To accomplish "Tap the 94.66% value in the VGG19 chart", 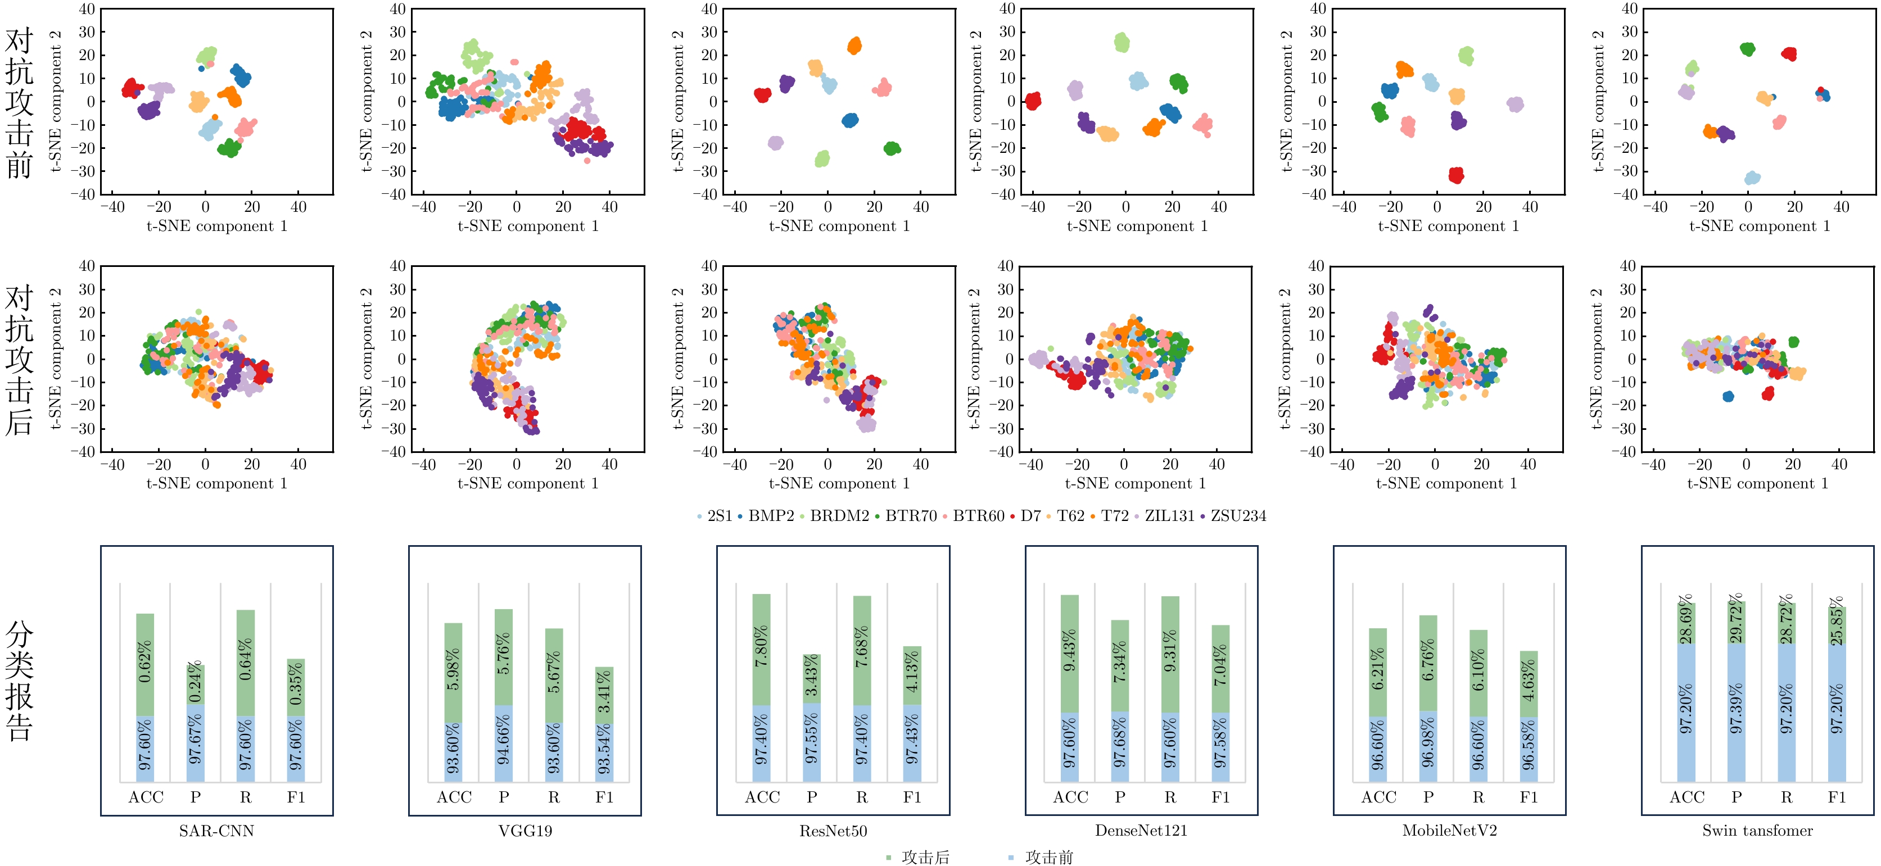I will coord(504,742).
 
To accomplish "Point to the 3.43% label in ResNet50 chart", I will coord(811,678).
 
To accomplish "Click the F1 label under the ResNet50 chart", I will coord(912,797).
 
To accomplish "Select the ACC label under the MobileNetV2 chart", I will coord(1378,797).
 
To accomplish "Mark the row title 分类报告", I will coord(20,681).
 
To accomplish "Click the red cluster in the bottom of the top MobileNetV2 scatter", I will coord(1456,175).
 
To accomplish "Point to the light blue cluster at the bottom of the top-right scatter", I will coord(1752,178).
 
